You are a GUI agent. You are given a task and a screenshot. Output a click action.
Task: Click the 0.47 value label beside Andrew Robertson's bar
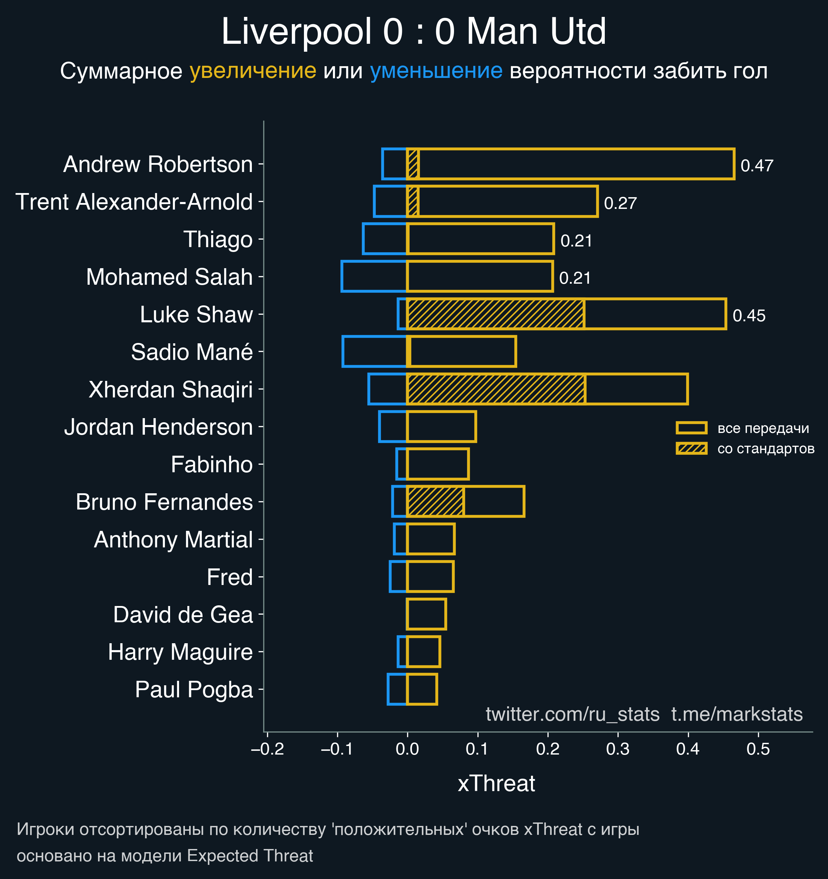pos(757,166)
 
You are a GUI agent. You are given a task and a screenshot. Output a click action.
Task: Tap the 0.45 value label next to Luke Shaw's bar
pos(749,316)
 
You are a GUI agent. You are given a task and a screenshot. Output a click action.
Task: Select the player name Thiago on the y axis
pos(218,240)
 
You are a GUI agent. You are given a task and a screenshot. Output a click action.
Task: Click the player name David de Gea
pos(183,615)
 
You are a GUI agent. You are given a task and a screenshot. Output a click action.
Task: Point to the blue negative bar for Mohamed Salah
pos(374,277)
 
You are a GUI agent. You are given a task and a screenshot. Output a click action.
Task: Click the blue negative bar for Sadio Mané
pos(374,352)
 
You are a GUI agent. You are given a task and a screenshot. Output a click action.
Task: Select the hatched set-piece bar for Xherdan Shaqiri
pos(496,389)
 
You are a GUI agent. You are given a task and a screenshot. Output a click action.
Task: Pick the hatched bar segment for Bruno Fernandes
pos(435,502)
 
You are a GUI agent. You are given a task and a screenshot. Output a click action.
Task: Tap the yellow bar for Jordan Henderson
pos(442,427)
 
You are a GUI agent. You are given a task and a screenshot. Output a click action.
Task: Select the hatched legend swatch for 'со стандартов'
pos(691,448)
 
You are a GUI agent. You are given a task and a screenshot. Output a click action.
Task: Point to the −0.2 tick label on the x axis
pos(267,749)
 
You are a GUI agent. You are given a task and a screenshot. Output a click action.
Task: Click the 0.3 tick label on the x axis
pos(618,749)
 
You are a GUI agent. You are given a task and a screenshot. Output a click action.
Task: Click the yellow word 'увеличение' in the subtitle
pos(253,71)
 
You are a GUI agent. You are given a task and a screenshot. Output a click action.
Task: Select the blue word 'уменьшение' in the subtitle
pos(436,71)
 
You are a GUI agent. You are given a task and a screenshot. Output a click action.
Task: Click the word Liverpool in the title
pos(296,32)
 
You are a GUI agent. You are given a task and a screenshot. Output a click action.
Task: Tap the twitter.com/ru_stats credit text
pos(573,714)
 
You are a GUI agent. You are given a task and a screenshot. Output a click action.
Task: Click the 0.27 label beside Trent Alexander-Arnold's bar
pos(620,203)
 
